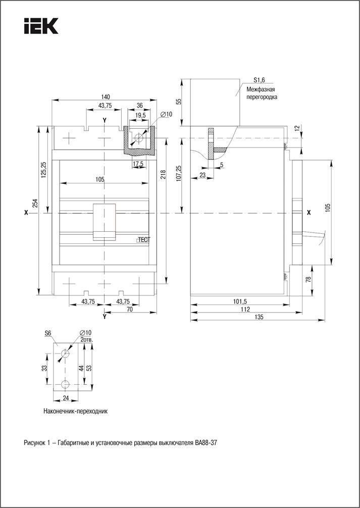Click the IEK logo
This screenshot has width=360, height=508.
click(41, 26)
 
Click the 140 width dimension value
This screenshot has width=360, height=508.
click(106, 96)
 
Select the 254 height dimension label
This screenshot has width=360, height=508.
click(35, 203)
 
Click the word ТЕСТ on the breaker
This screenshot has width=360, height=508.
click(144, 241)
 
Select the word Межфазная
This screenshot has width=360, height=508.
click(261, 89)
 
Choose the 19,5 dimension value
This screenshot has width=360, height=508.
click(140, 116)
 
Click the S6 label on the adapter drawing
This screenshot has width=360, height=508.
click(48, 333)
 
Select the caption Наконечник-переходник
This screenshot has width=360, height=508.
click(76, 411)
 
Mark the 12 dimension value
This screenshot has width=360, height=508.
click(296, 128)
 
